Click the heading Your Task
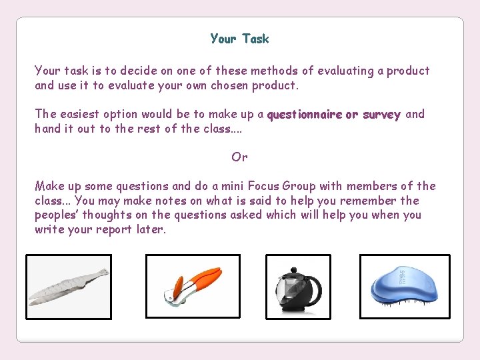pyautogui.click(x=239, y=39)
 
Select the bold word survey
pyautogui.click(x=381, y=115)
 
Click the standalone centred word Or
pyautogui.click(x=239, y=157)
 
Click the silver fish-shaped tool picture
pyautogui.click(x=69, y=287)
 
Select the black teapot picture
pyautogui.click(x=297, y=287)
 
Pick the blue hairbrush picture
pyautogui.click(x=404, y=287)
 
